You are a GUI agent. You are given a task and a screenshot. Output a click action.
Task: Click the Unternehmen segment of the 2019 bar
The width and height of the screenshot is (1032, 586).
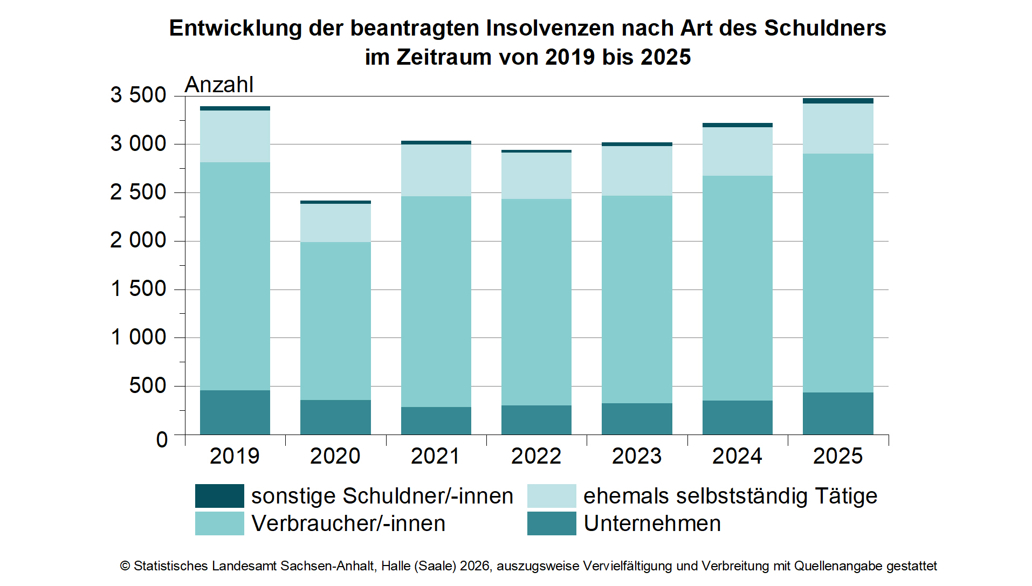[235, 412]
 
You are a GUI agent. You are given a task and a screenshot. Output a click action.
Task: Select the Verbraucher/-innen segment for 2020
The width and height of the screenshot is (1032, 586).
[335, 321]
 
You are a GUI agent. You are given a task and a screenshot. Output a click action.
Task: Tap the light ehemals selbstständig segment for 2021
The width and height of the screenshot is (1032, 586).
[436, 170]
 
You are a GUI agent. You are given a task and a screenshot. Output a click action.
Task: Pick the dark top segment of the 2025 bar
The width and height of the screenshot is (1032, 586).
[837, 101]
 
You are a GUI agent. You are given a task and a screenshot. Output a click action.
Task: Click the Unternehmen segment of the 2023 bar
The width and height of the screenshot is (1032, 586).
[637, 419]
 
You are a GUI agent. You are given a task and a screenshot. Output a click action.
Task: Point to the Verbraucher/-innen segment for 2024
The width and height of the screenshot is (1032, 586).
[737, 288]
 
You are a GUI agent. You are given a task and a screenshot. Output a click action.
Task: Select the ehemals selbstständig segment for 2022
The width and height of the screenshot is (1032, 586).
[536, 176]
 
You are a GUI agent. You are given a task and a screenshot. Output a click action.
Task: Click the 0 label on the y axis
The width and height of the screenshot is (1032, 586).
[162, 440]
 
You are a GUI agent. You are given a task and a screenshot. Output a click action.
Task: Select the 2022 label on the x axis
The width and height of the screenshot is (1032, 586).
[536, 456]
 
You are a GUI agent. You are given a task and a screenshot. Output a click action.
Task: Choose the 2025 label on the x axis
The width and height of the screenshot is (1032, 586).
[837, 456]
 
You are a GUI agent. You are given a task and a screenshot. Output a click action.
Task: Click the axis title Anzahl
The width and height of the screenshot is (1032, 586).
[219, 85]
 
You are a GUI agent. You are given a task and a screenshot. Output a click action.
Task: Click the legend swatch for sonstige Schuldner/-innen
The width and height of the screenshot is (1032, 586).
[219, 496]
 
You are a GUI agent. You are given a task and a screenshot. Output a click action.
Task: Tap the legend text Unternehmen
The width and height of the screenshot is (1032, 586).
[652, 523]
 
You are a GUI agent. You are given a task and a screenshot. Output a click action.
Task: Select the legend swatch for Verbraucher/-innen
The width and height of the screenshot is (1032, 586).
[219, 523]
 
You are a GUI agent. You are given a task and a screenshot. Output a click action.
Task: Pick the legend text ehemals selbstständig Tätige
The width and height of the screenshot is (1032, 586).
[730, 496]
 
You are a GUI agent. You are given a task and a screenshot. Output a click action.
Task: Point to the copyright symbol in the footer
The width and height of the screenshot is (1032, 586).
[125, 566]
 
